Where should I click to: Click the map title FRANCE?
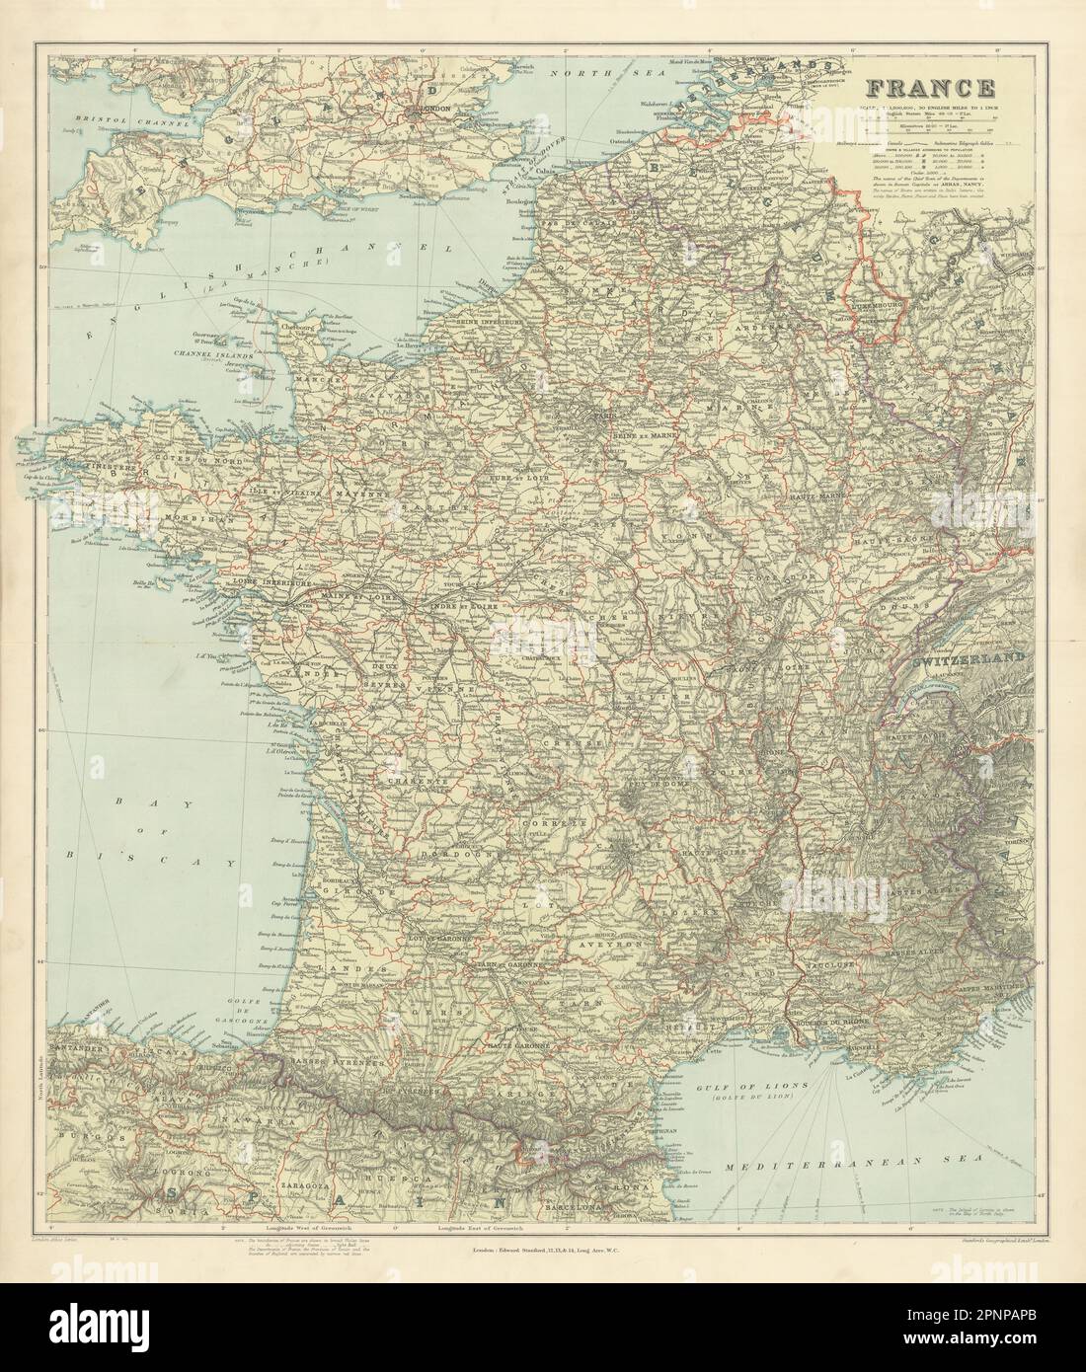tap(930, 88)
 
